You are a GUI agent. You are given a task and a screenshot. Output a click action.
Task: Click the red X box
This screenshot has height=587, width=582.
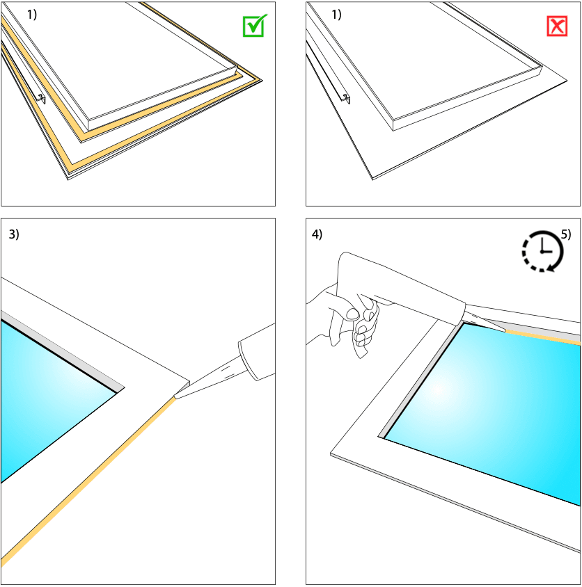557,26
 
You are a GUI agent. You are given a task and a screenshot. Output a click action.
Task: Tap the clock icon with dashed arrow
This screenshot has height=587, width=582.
542,251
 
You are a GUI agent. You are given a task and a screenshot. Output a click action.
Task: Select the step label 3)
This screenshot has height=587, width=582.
14,234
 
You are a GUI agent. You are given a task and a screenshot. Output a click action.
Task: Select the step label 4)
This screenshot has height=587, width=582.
317,234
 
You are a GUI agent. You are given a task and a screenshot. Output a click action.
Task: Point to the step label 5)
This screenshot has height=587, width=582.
566,234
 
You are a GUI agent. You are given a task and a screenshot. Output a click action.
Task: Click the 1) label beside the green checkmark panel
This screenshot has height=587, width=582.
32,15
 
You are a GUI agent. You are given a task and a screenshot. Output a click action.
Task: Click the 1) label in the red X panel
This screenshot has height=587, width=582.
336,15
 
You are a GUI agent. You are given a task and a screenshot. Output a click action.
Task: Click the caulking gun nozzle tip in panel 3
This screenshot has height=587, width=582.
175,396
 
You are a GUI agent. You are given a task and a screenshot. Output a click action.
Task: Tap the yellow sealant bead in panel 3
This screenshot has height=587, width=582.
88,482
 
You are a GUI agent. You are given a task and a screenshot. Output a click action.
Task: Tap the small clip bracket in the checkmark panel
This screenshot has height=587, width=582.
41,98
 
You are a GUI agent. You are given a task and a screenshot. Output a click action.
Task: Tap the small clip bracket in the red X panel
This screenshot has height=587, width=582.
346,98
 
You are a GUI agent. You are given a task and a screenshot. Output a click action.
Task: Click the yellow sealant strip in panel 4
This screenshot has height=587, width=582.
542,337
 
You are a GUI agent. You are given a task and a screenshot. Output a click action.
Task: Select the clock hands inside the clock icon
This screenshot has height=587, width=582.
545,247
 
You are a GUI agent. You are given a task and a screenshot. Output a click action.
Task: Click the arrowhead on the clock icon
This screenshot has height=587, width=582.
551,267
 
